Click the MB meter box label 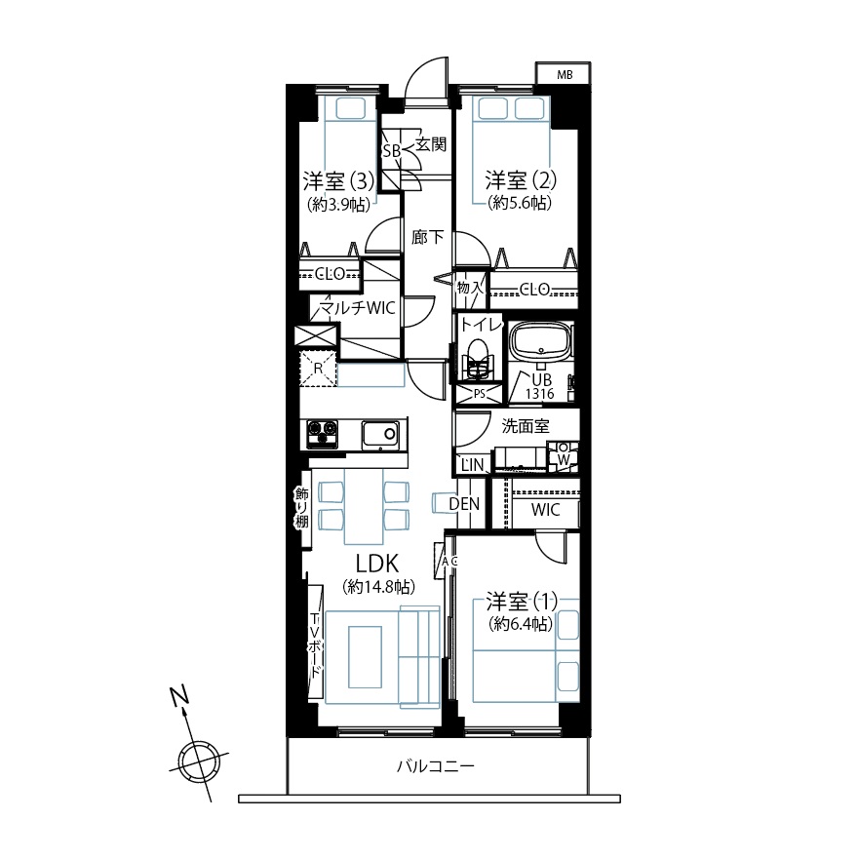565,74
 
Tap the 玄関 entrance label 431,144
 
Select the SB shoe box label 392,151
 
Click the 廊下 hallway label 427,237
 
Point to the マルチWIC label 357,308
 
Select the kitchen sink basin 380,435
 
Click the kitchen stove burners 322,434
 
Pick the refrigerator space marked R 318,369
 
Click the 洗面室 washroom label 525,426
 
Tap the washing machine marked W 564,455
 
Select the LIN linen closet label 472,464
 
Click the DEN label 464,504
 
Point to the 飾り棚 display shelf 302,508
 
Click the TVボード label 315,644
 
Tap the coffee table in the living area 365,657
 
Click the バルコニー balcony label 436,765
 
